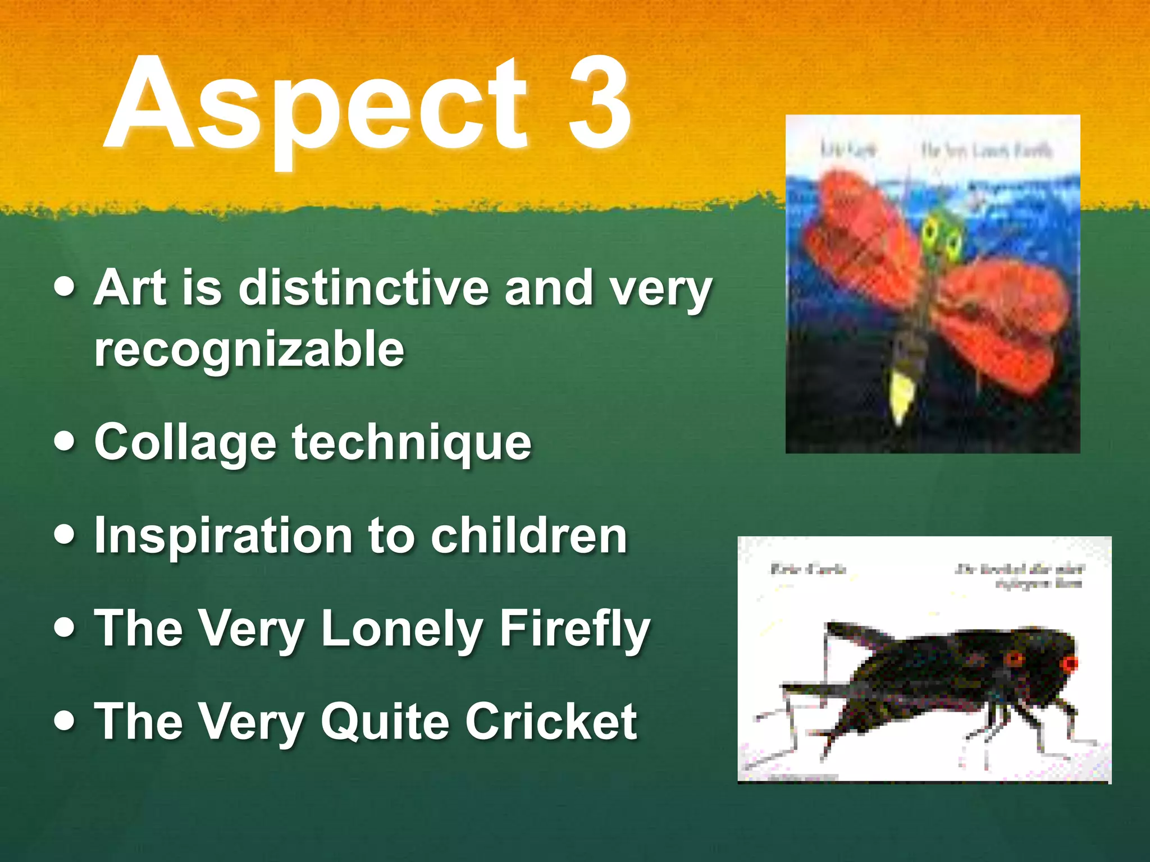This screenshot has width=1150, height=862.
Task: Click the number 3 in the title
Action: pos(599,104)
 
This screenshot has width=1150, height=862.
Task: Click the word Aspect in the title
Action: pos(314,107)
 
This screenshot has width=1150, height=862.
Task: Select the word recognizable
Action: pos(249,349)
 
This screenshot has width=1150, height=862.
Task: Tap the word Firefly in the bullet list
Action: pos(574,629)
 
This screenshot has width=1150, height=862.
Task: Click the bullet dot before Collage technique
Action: pos(65,441)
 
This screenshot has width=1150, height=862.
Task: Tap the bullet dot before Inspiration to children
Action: pos(65,534)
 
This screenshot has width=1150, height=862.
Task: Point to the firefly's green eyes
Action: pos(942,236)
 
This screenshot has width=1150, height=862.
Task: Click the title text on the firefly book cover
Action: pos(987,150)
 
